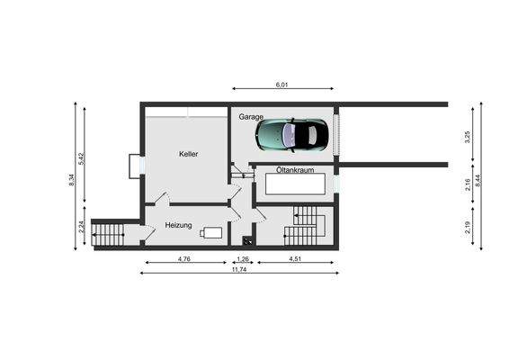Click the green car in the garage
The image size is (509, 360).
(291, 135)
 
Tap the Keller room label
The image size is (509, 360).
(188, 154)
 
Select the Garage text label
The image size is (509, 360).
(251, 117)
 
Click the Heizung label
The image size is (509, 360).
(179, 225)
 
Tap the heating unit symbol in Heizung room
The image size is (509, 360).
(211, 232)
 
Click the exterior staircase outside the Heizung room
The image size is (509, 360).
(110, 235)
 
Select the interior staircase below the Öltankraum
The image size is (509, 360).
(303, 227)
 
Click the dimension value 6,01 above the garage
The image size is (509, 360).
(281, 84)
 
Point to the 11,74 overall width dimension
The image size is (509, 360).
(239, 269)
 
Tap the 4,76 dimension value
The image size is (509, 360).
(183, 259)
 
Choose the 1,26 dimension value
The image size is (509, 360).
(242, 259)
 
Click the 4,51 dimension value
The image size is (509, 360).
(294, 259)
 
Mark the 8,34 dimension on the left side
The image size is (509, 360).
(71, 179)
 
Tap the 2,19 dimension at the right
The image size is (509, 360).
(468, 228)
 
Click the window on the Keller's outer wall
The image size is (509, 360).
(135, 166)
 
